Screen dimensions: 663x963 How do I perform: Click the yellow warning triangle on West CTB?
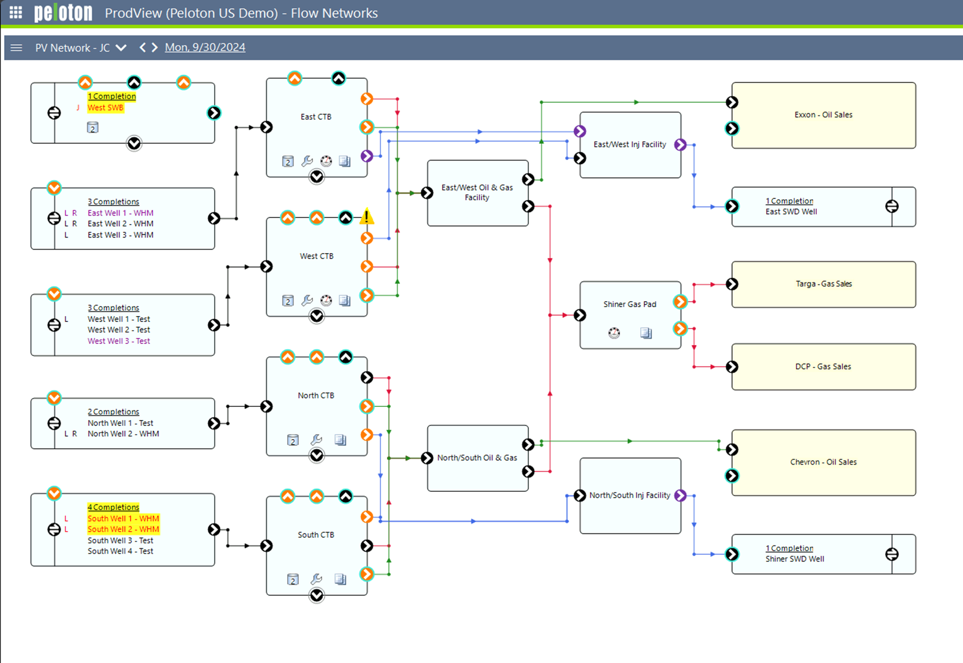pyautogui.click(x=367, y=217)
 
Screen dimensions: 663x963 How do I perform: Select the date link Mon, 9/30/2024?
pyautogui.click(x=204, y=48)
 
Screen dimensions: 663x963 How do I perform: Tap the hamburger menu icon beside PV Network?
pyautogui.click(x=16, y=48)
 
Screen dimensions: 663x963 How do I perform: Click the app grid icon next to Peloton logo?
pyautogui.click(x=16, y=12)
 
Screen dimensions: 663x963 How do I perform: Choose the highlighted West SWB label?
pyautogui.click(x=105, y=108)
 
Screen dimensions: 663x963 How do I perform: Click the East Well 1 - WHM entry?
pyautogui.click(x=120, y=213)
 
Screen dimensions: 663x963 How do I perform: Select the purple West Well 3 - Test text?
pyautogui.click(x=118, y=341)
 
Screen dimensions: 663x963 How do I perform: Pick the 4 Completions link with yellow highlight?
pyautogui.click(x=113, y=507)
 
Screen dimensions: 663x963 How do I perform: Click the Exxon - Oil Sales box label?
pyautogui.click(x=823, y=115)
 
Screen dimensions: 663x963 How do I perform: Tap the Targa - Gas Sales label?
pyautogui.click(x=823, y=284)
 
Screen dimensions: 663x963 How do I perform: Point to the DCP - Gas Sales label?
pyautogui.click(x=823, y=367)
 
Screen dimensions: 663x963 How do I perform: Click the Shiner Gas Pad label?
pyautogui.click(x=630, y=304)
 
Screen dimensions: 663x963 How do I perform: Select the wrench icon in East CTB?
pyautogui.click(x=307, y=161)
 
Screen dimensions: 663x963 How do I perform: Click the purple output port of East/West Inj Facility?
pyautogui.click(x=681, y=144)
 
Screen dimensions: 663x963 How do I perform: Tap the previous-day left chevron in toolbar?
pyautogui.click(x=142, y=48)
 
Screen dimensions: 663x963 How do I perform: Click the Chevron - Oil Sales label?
pyautogui.click(x=823, y=462)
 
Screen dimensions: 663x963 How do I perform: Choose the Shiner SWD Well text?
pyautogui.click(x=794, y=559)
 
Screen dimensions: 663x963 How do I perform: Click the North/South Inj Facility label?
pyautogui.click(x=630, y=495)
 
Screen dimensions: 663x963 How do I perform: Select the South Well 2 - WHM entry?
pyautogui.click(x=123, y=529)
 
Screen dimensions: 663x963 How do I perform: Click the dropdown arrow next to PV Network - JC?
pyautogui.click(x=121, y=48)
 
